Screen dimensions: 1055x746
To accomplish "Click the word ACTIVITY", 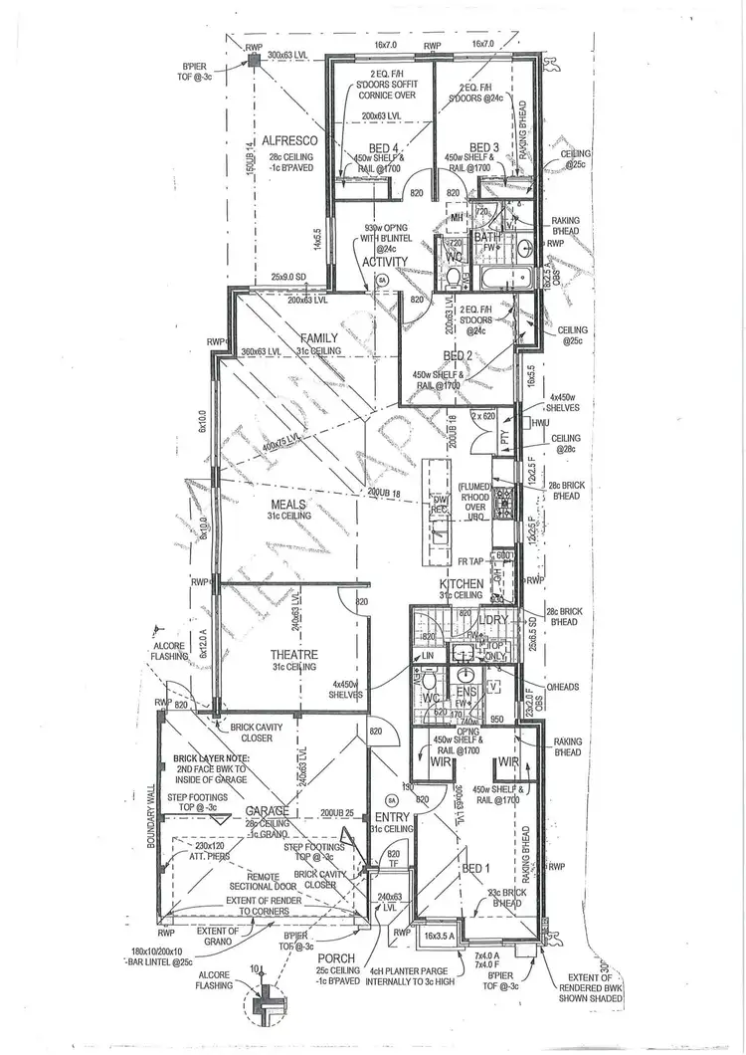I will [385, 262].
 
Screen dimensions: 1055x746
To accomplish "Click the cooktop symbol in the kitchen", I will [503, 498].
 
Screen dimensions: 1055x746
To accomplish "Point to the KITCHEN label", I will [463, 583].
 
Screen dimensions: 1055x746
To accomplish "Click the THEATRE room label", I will [294, 654].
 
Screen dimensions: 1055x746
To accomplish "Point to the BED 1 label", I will [476, 868].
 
